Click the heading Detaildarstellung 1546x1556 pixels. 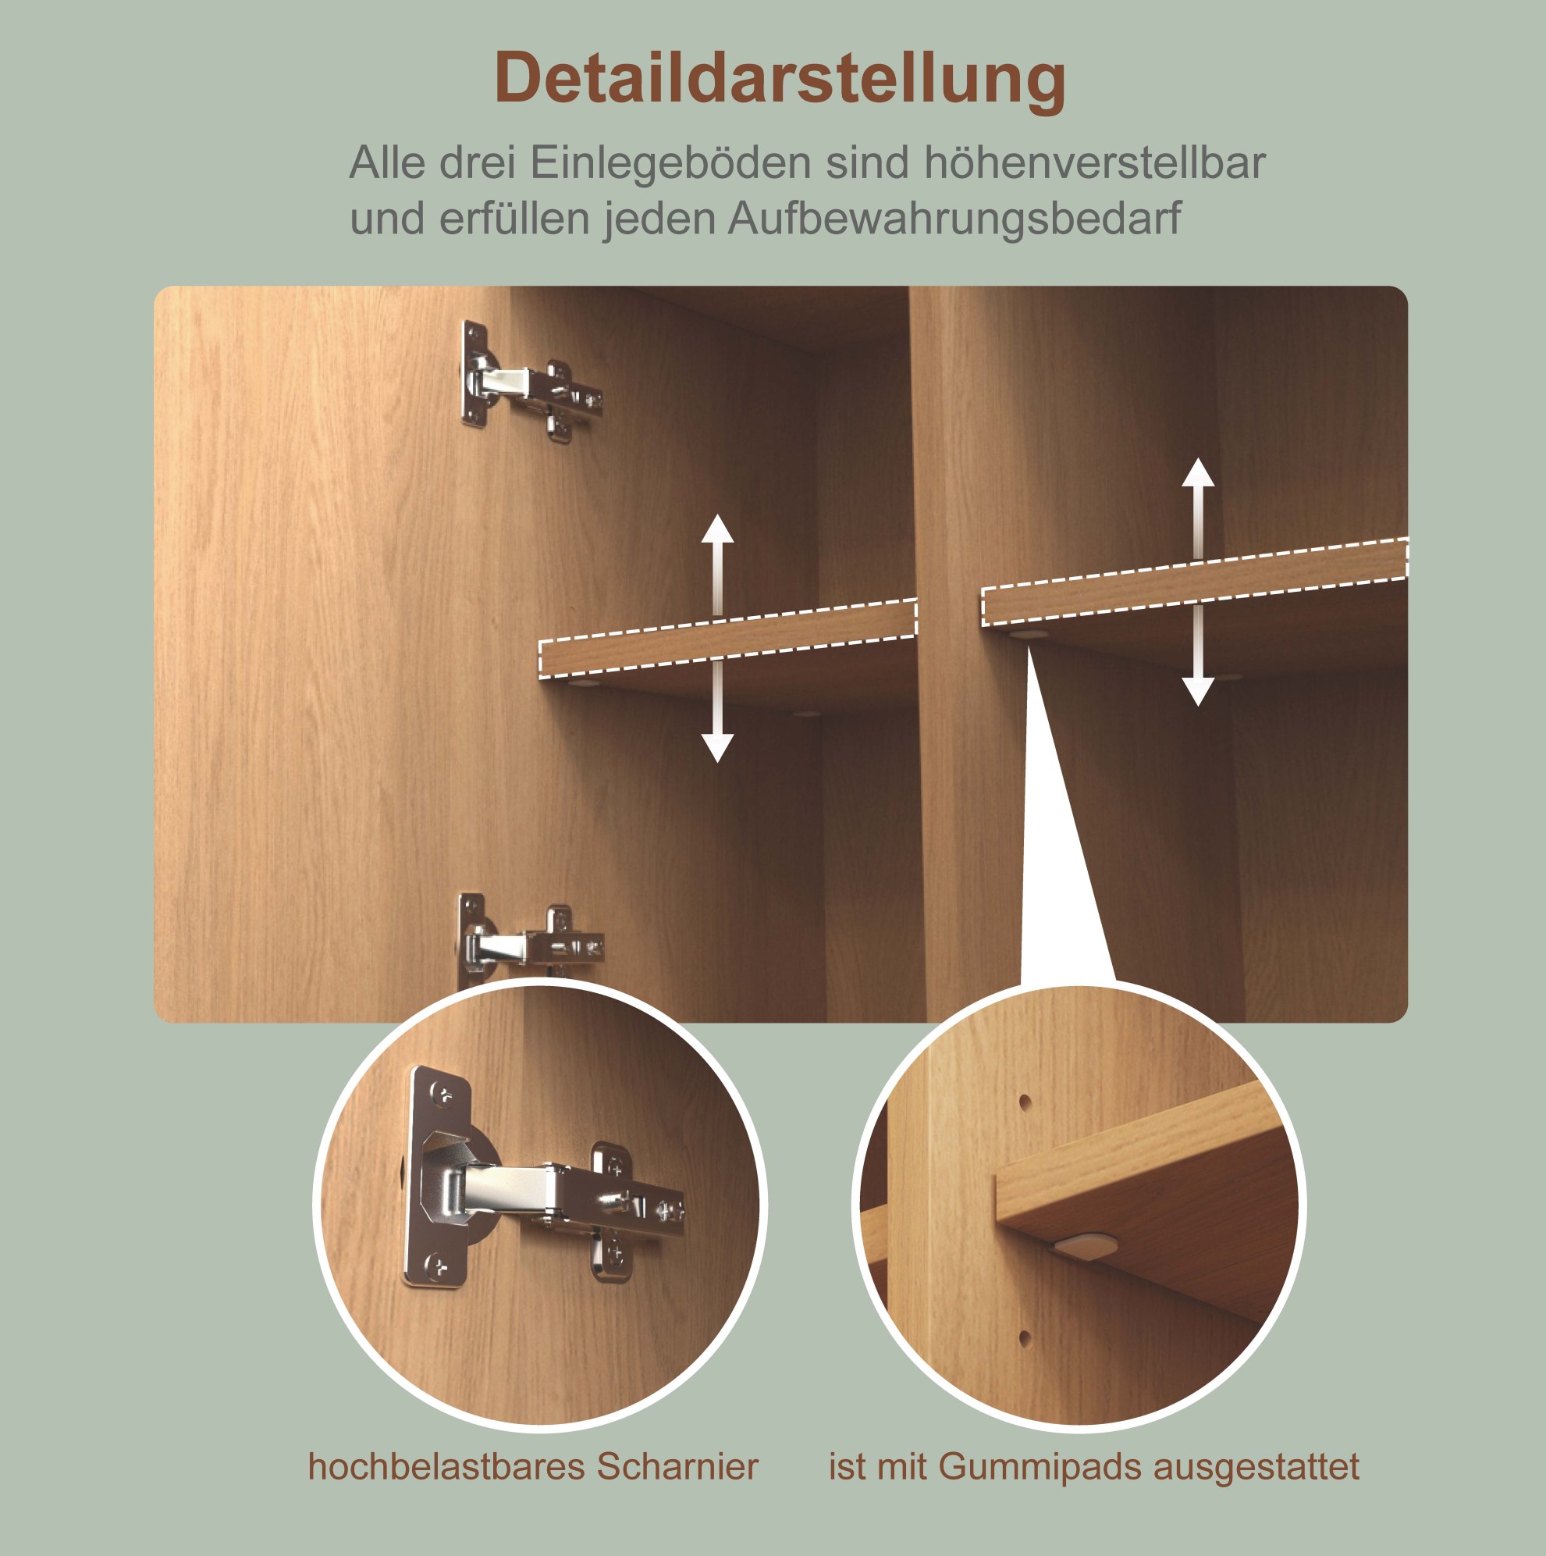tap(780, 79)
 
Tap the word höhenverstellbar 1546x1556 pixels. tap(1094, 162)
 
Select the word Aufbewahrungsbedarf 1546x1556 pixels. tap(954, 219)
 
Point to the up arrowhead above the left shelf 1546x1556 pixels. tap(716, 529)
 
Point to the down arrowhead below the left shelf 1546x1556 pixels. tap(716, 748)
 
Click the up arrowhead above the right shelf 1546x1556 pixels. tap(1197, 473)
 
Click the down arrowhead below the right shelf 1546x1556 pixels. tap(1197, 692)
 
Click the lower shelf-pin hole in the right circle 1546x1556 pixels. tap(1024, 1338)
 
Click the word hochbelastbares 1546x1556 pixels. tap(446, 1466)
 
